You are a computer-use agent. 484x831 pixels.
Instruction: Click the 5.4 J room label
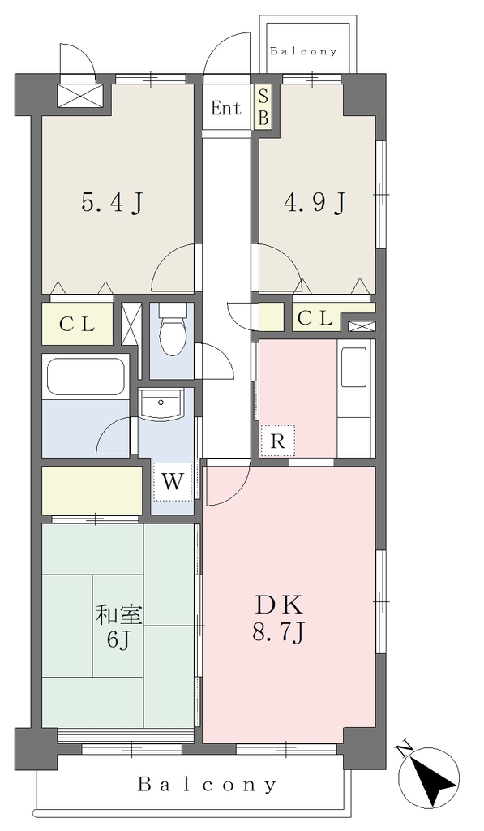(x=113, y=203)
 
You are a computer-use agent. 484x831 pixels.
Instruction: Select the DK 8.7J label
(x=279, y=618)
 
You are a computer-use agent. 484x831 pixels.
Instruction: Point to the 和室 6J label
(x=118, y=626)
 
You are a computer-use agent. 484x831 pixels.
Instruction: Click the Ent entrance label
(x=226, y=108)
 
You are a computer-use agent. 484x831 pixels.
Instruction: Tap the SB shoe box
(x=263, y=107)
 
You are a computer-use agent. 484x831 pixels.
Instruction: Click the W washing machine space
(x=172, y=482)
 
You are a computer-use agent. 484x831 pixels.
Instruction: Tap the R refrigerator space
(x=277, y=441)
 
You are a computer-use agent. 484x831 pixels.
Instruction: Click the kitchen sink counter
(x=355, y=397)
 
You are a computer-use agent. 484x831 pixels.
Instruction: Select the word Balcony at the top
(x=303, y=51)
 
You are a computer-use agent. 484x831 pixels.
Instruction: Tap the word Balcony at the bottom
(x=207, y=785)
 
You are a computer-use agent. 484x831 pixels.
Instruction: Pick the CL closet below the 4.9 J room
(x=315, y=318)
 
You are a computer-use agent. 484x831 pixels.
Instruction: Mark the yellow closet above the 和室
(x=92, y=490)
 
